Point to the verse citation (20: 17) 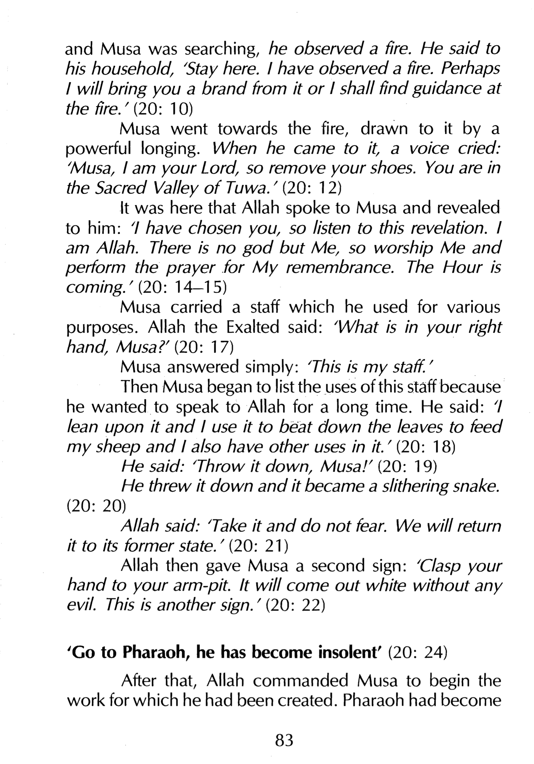click(x=204, y=347)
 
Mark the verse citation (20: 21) click(x=259, y=546)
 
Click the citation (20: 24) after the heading click(x=417, y=653)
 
